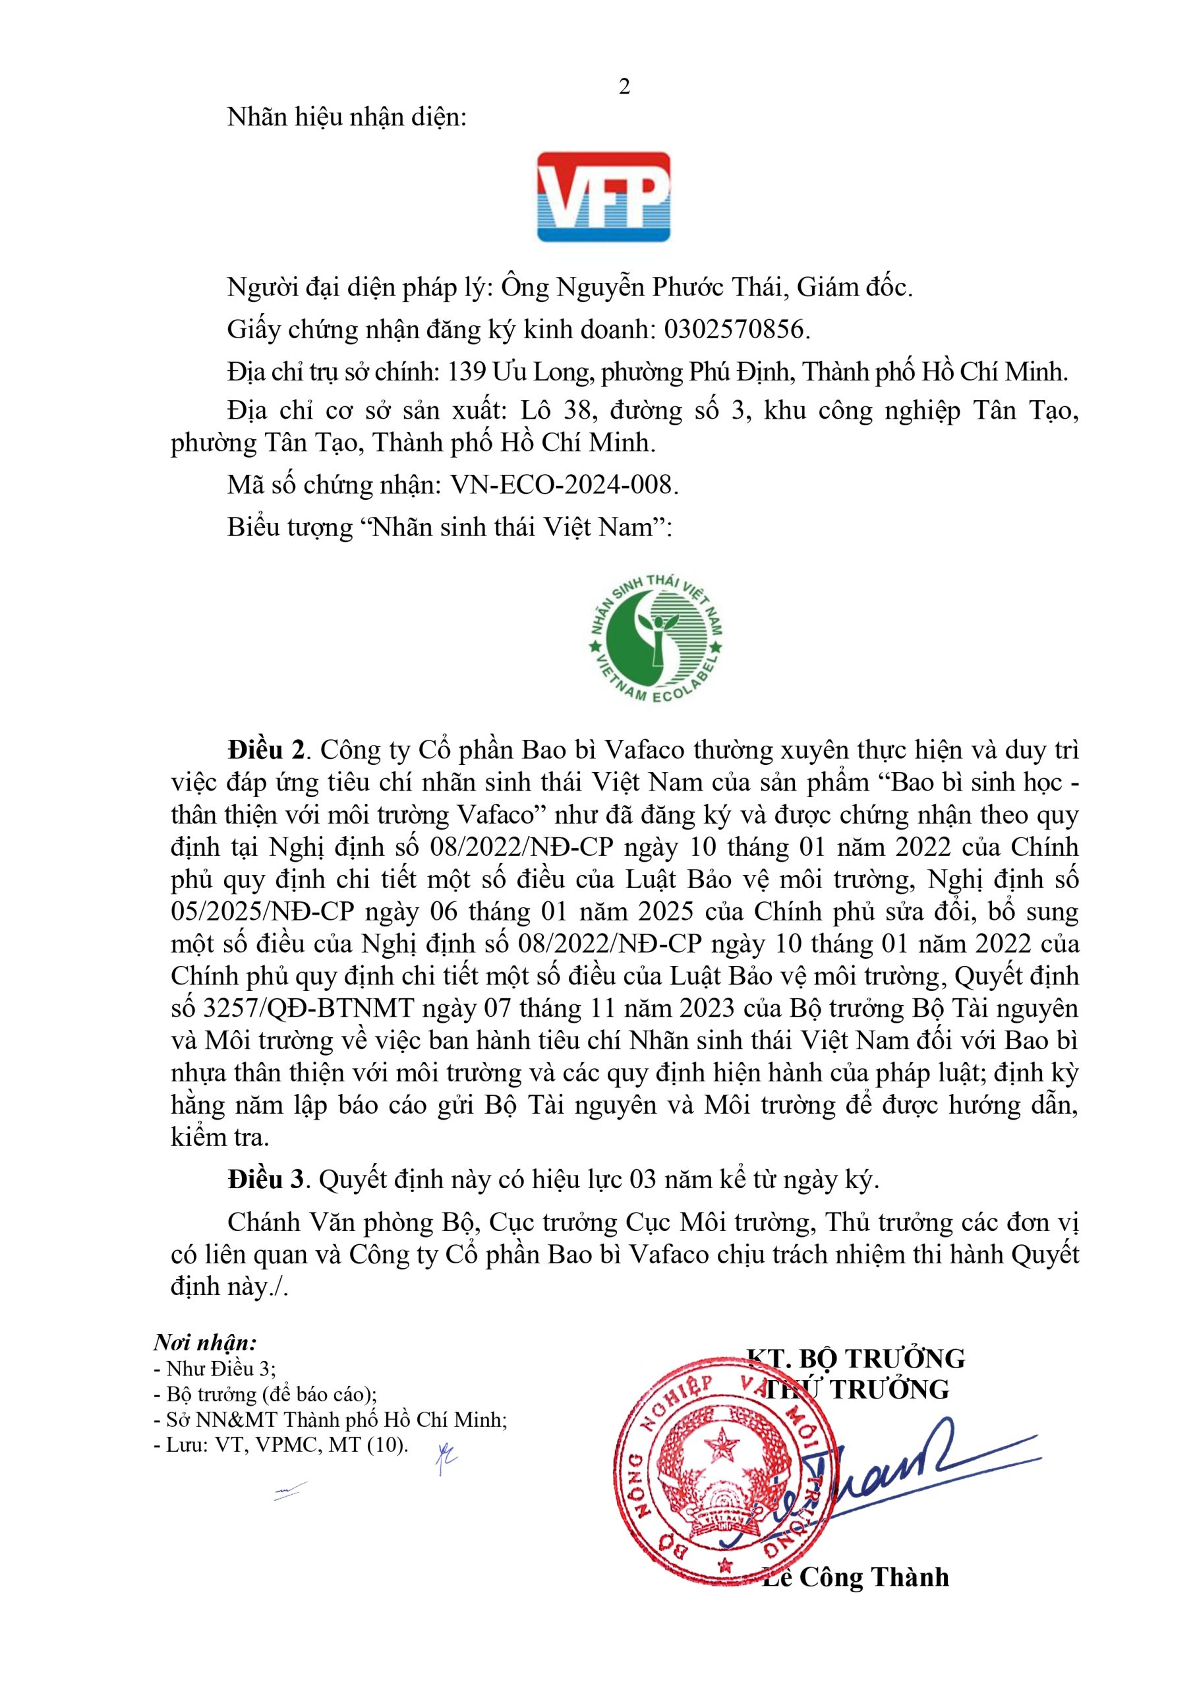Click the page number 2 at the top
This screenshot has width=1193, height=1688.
[624, 87]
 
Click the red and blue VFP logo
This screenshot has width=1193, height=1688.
[604, 197]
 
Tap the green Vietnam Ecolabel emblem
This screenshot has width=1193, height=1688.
[657, 638]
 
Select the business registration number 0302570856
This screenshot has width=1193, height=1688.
[736, 330]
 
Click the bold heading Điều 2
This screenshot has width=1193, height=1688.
[266, 750]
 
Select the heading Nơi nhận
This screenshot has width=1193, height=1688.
[205, 1343]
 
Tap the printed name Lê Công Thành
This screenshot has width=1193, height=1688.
[856, 1578]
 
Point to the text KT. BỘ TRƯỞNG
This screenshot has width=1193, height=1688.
[856, 1358]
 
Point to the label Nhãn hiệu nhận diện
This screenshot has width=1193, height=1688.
[347, 117]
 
